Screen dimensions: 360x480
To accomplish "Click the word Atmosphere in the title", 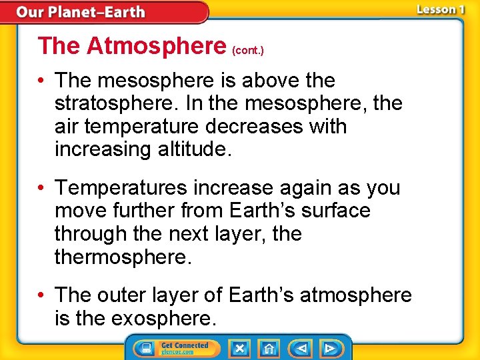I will [x=156, y=46].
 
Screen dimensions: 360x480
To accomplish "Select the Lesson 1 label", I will [x=440, y=9].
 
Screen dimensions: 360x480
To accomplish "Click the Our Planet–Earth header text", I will [x=81, y=12].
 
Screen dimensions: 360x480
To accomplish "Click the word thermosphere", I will [x=123, y=257].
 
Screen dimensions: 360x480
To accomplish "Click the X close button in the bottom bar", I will [x=239, y=348].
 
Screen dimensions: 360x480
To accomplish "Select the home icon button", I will [x=269, y=348].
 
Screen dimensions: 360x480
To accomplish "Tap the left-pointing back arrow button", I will [x=301, y=348].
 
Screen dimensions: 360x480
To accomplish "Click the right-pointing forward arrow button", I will [x=329, y=348].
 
